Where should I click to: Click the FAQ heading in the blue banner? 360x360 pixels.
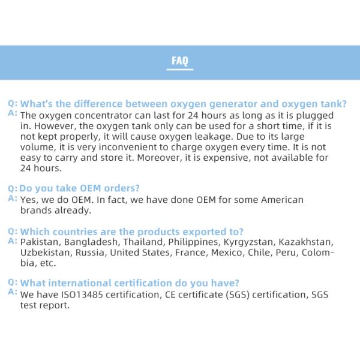tap(180, 61)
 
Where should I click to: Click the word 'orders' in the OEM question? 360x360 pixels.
tap(118, 188)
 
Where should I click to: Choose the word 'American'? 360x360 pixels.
tap(281, 200)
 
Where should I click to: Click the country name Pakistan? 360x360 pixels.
tap(41, 242)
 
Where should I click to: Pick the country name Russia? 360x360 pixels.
tap(91, 253)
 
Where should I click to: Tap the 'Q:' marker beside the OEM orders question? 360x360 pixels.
tap(12, 188)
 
